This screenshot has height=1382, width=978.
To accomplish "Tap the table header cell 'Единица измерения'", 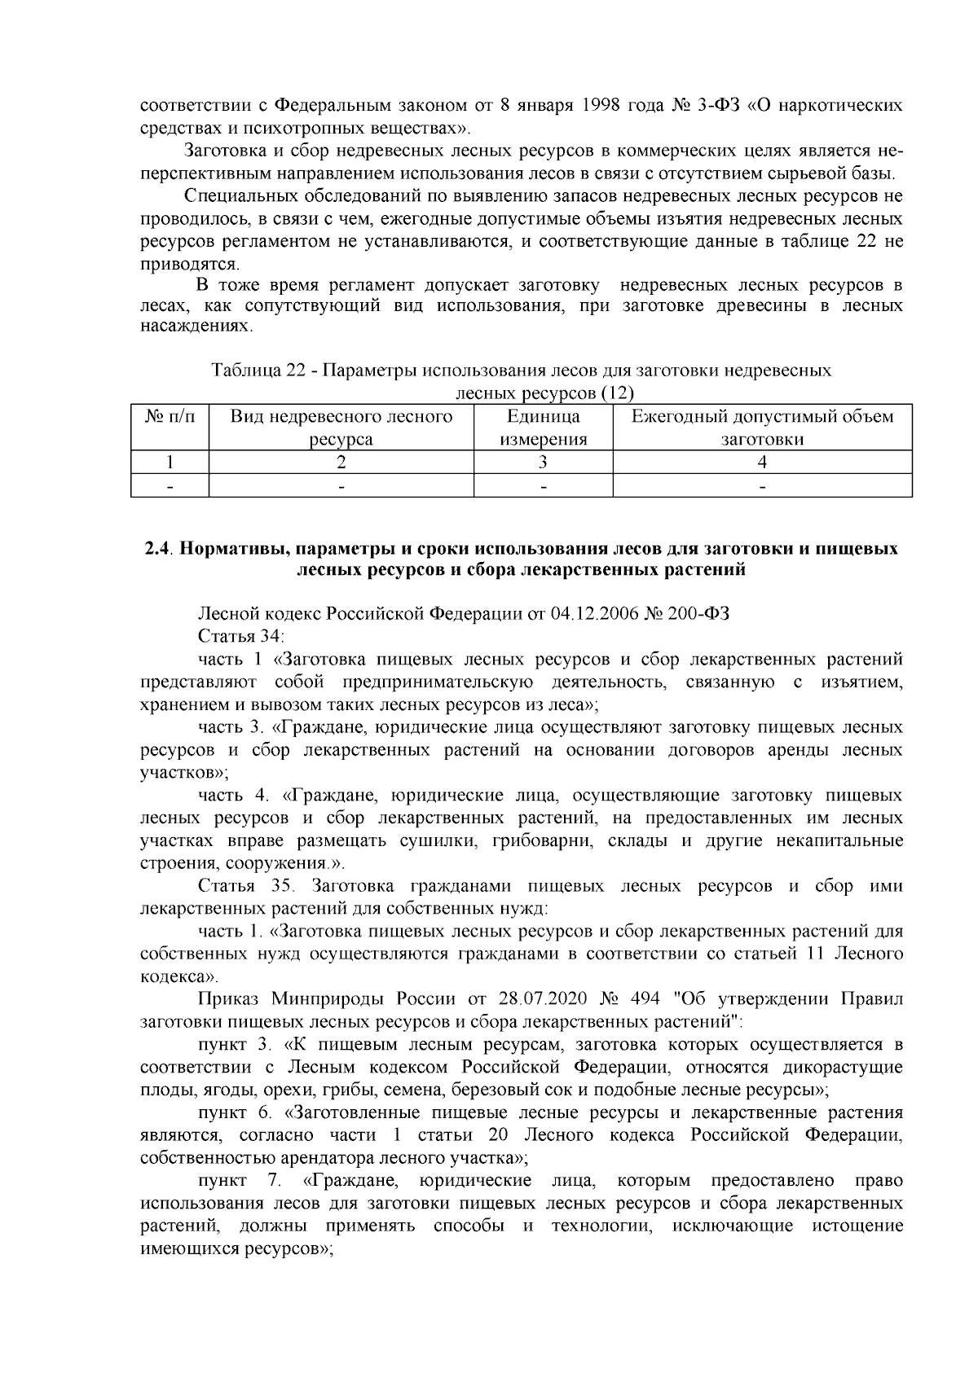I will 543,428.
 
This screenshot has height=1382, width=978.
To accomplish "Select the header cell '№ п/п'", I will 170,418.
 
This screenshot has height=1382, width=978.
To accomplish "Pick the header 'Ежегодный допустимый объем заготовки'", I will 762,428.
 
